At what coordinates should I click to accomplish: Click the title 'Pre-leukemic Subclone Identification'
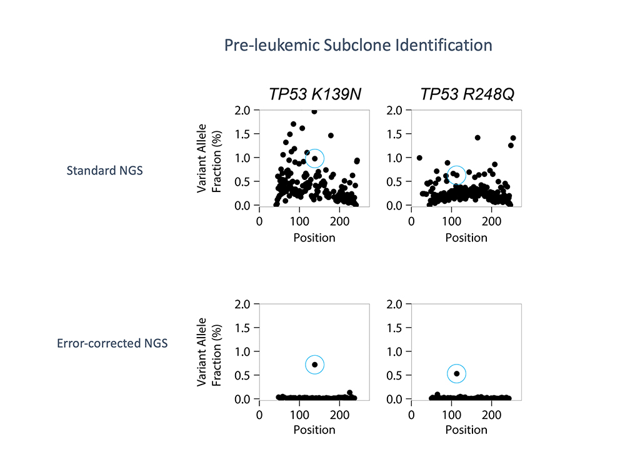pos(358,46)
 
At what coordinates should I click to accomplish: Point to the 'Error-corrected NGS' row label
pos(112,343)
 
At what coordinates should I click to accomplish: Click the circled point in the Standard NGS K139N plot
pos(315,158)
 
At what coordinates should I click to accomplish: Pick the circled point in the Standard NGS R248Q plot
pos(457,174)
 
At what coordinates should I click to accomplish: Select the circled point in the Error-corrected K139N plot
pos(315,365)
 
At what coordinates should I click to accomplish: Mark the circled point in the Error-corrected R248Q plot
pos(457,374)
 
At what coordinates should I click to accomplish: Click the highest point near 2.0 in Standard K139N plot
pos(314,111)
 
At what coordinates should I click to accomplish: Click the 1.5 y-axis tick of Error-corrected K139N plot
pos(244,328)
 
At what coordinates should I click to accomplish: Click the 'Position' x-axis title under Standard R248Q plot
pos(466,238)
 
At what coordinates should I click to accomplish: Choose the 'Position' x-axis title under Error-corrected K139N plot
pos(314,430)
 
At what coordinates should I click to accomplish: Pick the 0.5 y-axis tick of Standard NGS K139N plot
pos(244,181)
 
